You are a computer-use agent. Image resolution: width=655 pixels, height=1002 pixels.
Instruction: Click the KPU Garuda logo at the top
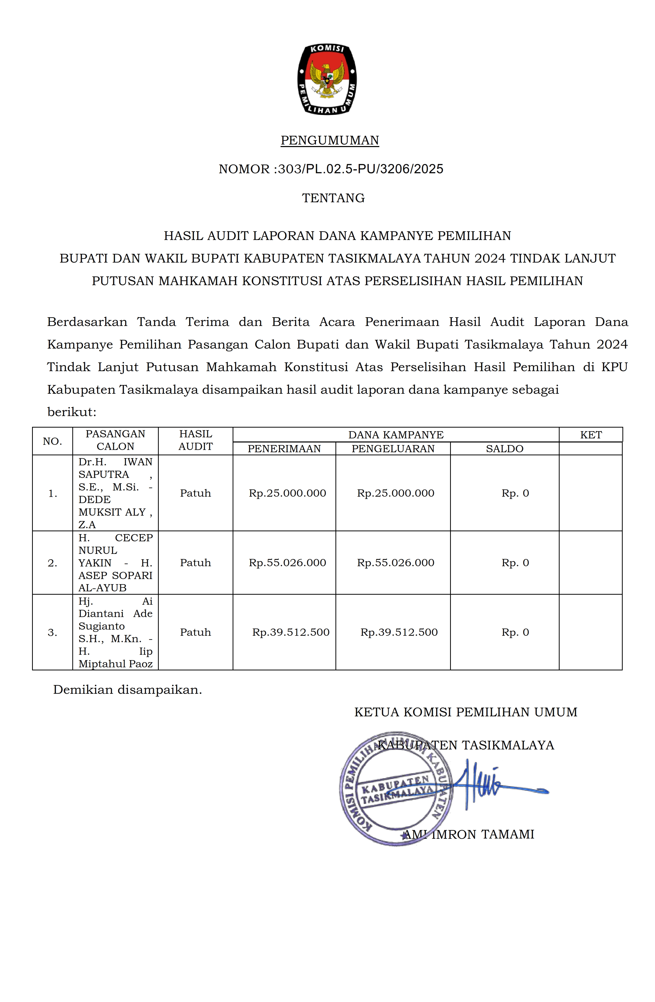click(x=327, y=79)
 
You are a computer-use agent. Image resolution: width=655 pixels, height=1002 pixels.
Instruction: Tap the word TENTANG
click(x=333, y=198)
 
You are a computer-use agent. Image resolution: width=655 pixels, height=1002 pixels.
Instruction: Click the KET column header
click(x=591, y=435)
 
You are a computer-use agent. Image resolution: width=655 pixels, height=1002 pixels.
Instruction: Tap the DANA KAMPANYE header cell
click(x=395, y=435)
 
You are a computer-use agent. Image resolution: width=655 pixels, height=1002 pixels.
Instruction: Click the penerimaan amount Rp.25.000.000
click(x=287, y=493)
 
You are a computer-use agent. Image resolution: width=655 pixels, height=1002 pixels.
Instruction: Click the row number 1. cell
click(x=53, y=493)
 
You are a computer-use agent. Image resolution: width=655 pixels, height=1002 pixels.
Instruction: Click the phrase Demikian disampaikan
click(x=127, y=690)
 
